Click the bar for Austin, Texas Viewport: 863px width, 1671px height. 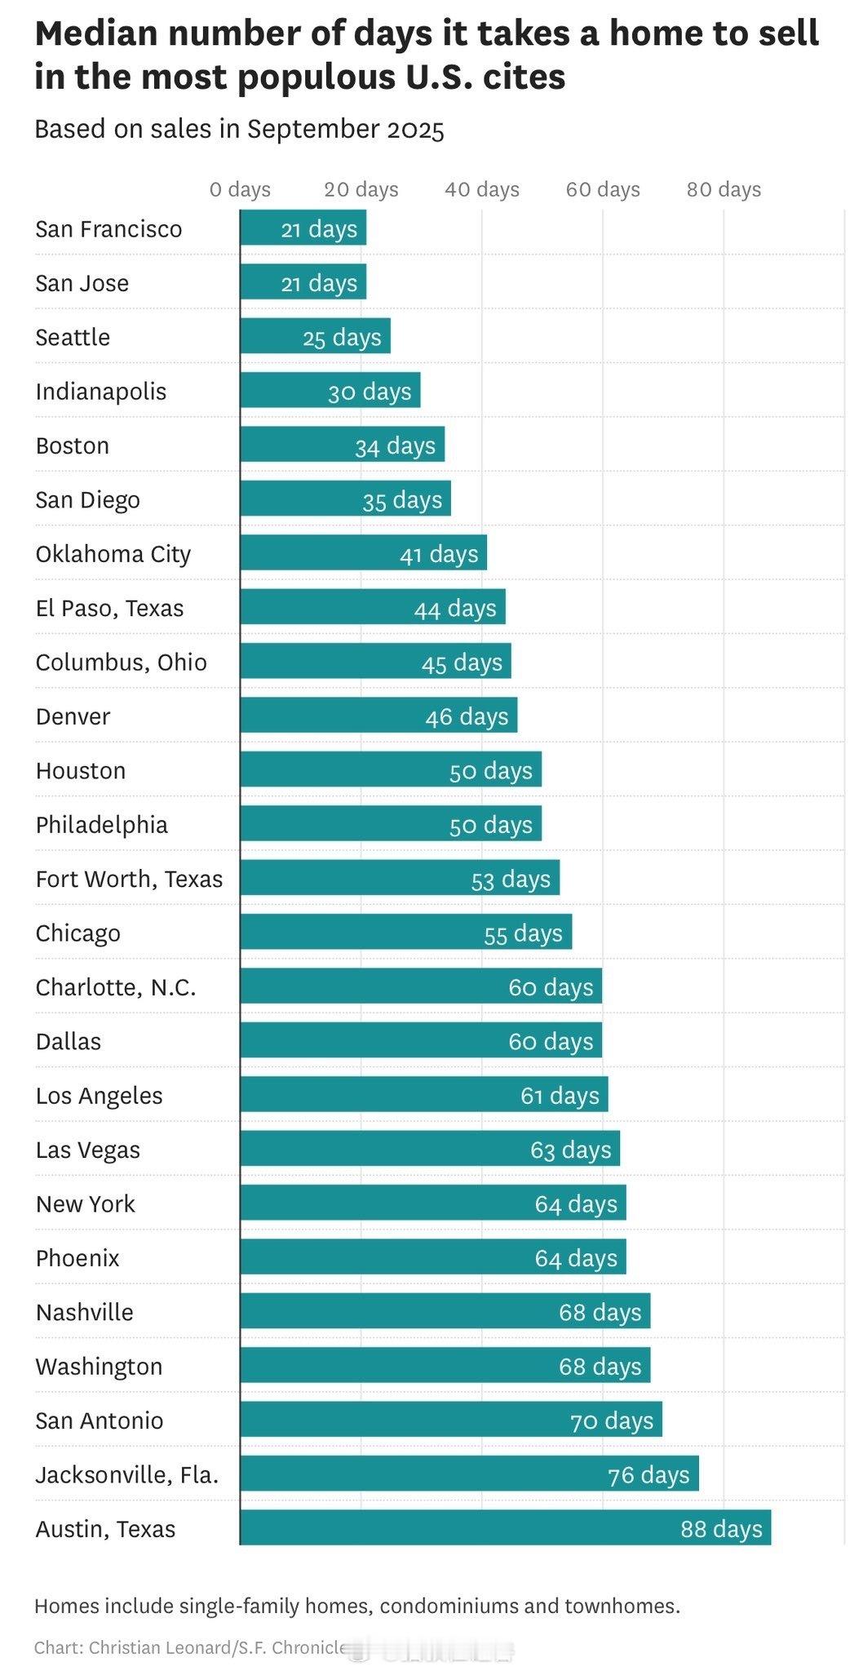click(x=505, y=1527)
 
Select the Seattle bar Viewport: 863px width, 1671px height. click(x=315, y=336)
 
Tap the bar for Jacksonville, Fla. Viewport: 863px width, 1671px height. click(x=469, y=1474)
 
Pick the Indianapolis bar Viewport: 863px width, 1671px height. click(x=330, y=391)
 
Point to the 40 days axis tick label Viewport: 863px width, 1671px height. click(x=482, y=189)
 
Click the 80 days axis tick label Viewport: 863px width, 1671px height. click(x=724, y=189)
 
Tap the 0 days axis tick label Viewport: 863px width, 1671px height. click(x=240, y=189)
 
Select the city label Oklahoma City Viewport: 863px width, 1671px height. click(x=113, y=554)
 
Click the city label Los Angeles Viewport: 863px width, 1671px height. click(x=99, y=1095)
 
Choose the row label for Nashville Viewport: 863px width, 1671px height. click(x=84, y=1312)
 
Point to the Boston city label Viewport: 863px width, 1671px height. click(x=72, y=445)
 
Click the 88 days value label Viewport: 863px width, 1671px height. click(x=721, y=1528)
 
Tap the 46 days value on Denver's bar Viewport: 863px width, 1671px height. click(x=467, y=716)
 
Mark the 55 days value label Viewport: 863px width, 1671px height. click(x=523, y=933)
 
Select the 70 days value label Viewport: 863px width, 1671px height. click(x=612, y=1421)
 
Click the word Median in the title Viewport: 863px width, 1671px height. click(x=95, y=33)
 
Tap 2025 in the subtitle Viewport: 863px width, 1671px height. click(x=416, y=130)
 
